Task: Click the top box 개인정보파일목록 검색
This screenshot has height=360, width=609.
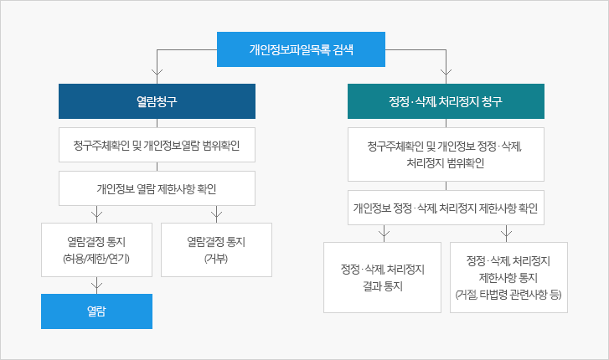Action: pyautogui.click(x=301, y=49)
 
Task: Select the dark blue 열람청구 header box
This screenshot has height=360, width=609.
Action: pyautogui.click(x=157, y=101)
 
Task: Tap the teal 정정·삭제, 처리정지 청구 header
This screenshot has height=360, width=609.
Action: pyautogui.click(x=446, y=101)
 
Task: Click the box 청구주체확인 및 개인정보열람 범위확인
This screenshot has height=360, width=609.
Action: pyautogui.click(x=157, y=145)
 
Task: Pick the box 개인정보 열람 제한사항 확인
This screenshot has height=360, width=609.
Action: pyautogui.click(x=157, y=188)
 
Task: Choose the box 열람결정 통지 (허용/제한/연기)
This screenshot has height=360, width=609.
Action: pyautogui.click(x=97, y=249)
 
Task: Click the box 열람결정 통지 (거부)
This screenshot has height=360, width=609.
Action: pyautogui.click(x=216, y=249)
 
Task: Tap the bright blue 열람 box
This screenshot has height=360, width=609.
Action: pyautogui.click(x=97, y=311)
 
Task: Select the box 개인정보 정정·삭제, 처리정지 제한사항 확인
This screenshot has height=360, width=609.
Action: pyautogui.click(x=446, y=208)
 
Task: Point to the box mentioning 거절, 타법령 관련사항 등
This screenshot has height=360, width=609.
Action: pyautogui.click(x=508, y=277)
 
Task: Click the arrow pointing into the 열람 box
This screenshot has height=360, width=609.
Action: pyautogui.click(x=97, y=285)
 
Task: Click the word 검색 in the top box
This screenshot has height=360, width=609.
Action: pyautogui.click(x=343, y=49)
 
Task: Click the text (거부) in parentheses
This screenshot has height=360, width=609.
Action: pyautogui.click(x=216, y=258)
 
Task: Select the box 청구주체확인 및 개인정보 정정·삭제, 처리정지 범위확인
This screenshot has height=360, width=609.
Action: pyautogui.click(x=446, y=154)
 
